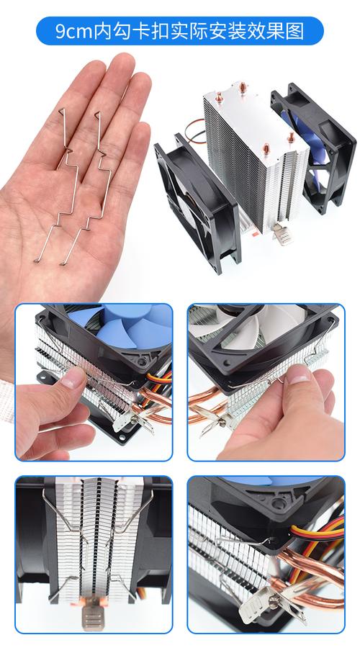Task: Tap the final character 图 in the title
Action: (x=295, y=31)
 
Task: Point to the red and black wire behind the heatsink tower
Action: (x=196, y=129)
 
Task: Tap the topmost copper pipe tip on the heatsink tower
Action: (x=242, y=86)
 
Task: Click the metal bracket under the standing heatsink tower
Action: (x=282, y=235)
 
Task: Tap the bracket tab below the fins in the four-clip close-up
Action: (x=92, y=616)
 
